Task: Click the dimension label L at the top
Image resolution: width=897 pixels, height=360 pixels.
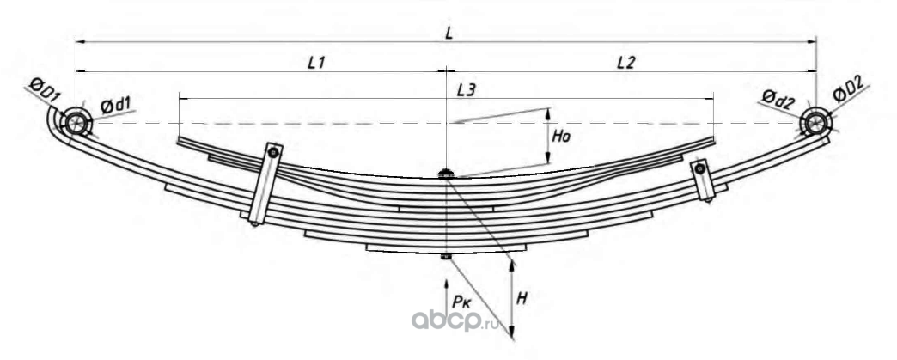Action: coord(449,32)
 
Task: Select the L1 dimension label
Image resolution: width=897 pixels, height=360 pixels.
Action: coord(316,63)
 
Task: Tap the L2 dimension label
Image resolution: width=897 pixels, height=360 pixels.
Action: coord(625,63)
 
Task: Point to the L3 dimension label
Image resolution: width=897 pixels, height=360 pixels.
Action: coord(469,88)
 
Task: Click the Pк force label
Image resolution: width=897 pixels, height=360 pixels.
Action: coord(463,301)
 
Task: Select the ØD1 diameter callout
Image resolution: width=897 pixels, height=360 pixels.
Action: coord(43,88)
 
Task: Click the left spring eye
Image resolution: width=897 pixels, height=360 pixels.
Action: coord(76,122)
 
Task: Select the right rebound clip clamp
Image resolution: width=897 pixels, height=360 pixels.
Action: coord(703,180)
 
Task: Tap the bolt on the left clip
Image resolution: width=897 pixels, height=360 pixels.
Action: coord(272,153)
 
